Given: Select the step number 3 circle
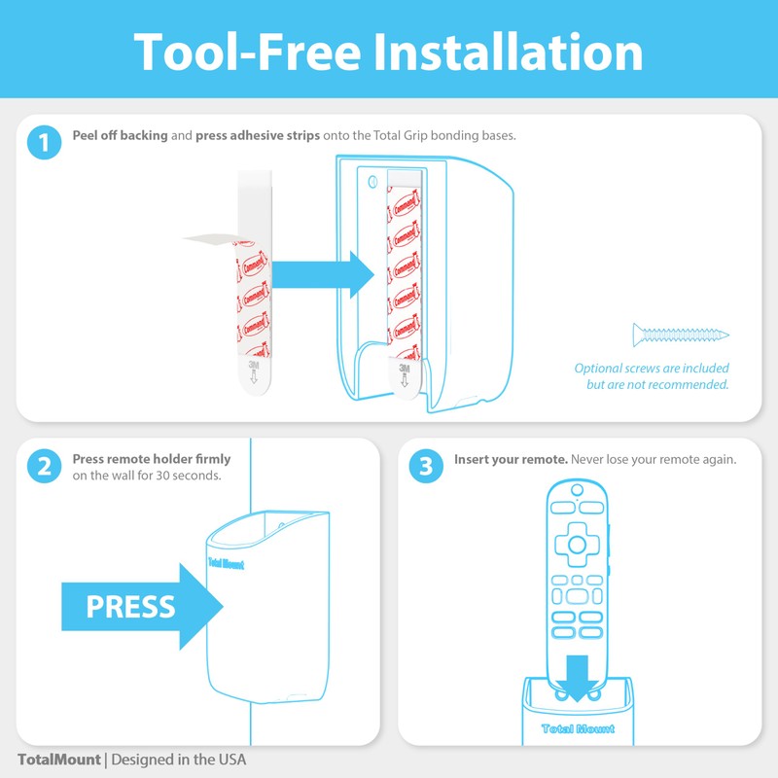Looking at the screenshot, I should [x=425, y=466].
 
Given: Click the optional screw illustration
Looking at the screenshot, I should [x=680, y=336].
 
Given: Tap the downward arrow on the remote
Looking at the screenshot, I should [x=581, y=677].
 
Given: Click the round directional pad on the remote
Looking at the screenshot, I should [x=579, y=541].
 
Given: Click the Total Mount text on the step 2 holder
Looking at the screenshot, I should [x=226, y=563].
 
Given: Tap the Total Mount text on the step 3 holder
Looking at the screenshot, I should [x=578, y=728].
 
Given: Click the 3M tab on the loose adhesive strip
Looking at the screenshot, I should [x=254, y=371].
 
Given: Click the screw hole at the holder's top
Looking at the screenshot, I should [x=373, y=181].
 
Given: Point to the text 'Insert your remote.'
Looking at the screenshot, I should [x=511, y=459].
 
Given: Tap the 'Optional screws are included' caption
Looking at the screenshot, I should [x=651, y=369].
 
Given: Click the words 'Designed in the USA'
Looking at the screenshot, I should [x=179, y=759].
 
